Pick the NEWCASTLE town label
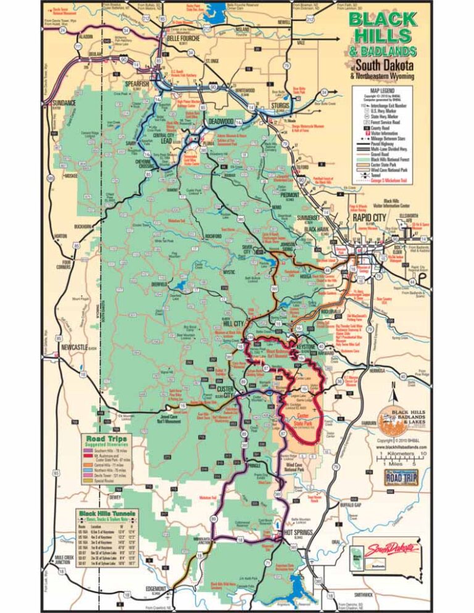pos(81,347)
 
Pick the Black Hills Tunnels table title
pos(107,513)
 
